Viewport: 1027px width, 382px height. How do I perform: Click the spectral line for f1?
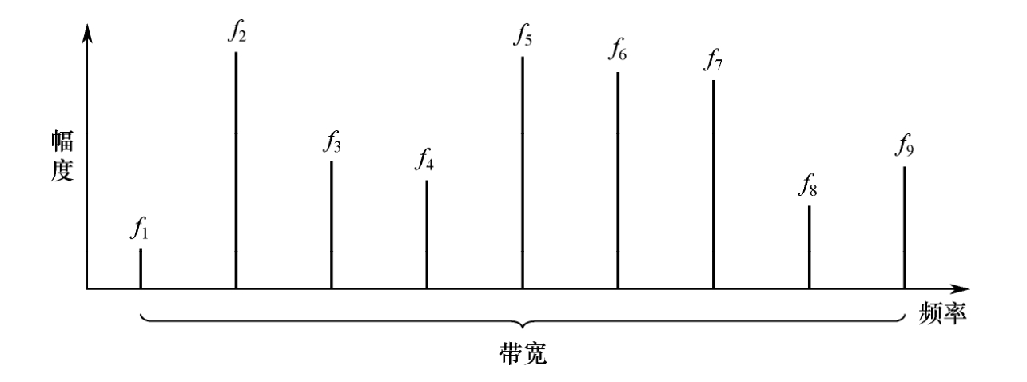pos(141,269)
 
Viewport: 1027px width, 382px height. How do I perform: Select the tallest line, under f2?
pos(236,170)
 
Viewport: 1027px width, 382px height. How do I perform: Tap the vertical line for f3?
pos(332,225)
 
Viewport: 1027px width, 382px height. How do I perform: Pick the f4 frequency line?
pos(427,235)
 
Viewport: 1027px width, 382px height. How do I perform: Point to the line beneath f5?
pos(522,173)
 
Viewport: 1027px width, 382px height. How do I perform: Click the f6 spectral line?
pos(618,181)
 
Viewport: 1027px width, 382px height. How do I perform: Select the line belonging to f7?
pos(714,185)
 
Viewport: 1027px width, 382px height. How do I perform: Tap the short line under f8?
pos(810,248)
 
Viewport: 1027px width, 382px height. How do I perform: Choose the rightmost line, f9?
pos(905,228)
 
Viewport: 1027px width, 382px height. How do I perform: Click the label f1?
pos(139,229)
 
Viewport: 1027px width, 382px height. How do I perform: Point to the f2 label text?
pos(237,32)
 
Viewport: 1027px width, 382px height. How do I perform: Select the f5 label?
pos(523,35)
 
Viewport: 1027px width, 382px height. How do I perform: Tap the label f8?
pos(807,185)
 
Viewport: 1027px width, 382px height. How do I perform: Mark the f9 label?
pos(904,145)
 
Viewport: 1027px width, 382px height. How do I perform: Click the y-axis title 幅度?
pos(62,156)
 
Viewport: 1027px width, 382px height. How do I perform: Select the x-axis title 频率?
pos(942,314)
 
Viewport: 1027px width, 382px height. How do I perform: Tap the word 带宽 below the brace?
pos(523,353)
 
